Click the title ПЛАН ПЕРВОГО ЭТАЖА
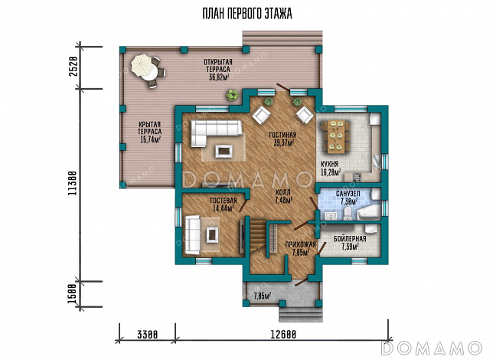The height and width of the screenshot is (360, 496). pyautogui.click(x=247, y=14)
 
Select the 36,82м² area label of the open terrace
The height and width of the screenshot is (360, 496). pyautogui.click(x=219, y=77)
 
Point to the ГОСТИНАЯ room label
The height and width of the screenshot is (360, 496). pyautogui.click(x=282, y=136)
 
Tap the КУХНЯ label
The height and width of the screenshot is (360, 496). pyautogui.click(x=329, y=165)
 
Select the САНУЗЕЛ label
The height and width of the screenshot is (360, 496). pyautogui.click(x=348, y=194)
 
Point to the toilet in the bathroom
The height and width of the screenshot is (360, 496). pyautogui.click(x=348, y=214)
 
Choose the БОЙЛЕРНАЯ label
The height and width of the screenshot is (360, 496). pyautogui.click(x=350, y=239)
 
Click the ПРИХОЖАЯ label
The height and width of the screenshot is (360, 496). pyautogui.click(x=300, y=244)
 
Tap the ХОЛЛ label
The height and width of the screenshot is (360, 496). pyautogui.click(x=282, y=192)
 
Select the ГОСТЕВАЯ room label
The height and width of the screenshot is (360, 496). pyautogui.click(x=224, y=201)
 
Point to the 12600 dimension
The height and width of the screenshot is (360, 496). pyautogui.click(x=283, y=335)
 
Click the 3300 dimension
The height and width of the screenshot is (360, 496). pyautogui.click(x=147, y=335)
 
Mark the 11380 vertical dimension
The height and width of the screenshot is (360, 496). pyautogui.click(x=73, y=184)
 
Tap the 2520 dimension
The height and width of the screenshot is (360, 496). pyautogui.click(x=73, y=67)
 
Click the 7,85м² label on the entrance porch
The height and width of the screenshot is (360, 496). pyautogui.click(x=263, y=296)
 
